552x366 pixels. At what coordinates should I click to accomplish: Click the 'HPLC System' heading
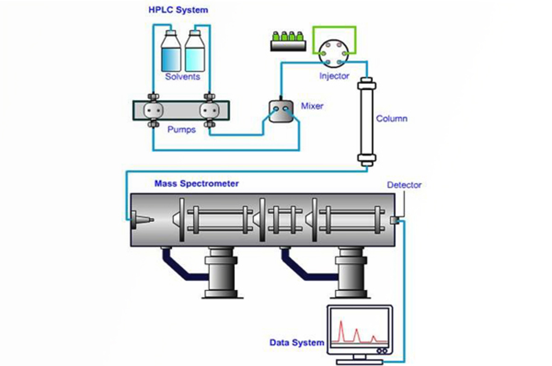point(178,10)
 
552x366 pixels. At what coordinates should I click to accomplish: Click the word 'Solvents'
point(183,77)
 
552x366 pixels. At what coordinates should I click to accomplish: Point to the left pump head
point(153,110)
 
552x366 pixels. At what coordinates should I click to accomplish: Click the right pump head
point(209,110)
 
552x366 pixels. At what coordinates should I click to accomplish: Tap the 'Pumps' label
point(181,129)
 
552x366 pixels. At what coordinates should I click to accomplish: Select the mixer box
point(281,111)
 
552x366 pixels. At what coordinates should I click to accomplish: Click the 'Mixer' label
point(312,106)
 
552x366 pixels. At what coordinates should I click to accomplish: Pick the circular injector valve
point(334,54)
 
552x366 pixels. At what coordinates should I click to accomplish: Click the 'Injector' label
point(334,76)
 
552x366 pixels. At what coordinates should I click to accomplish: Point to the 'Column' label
point(392,118)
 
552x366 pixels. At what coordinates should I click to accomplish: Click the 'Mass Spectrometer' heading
point(196,183)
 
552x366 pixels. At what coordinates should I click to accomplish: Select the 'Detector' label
point(404,185)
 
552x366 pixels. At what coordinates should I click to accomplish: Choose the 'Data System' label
point(297,343)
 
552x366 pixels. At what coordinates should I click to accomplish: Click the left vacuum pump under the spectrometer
point(221,273)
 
